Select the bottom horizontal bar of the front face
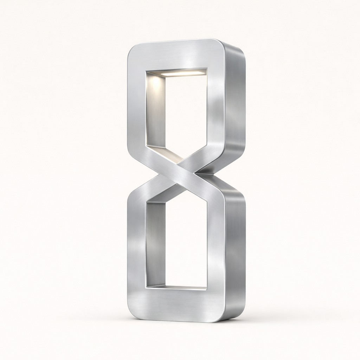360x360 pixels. pos(176,304)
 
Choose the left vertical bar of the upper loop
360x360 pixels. pos(136,105)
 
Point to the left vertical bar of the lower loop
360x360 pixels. pos(136,246)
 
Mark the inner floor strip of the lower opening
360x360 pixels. pos(183,287)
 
